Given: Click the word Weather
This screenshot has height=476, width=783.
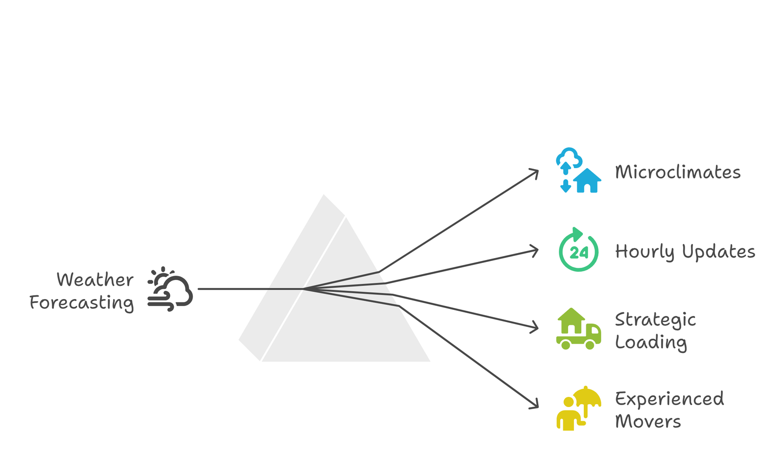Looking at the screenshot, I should tap(95, 280).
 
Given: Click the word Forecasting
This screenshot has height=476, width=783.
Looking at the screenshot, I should tap(81, 303).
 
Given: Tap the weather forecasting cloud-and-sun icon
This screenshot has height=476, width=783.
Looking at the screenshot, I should tap(170, 289).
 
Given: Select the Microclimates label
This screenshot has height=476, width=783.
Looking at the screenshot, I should tap(678, 172).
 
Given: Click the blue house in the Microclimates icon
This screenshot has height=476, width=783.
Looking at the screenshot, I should tap(587, 180).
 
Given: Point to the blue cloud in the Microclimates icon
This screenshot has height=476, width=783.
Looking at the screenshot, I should tap(569, 157).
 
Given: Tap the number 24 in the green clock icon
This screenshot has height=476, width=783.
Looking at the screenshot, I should tap(579, 253).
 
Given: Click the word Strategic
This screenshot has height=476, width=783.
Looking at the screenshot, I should tap(655, 320).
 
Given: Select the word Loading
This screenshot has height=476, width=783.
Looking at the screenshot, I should tap(651, 343).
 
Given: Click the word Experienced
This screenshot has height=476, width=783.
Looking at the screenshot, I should tap(669, 399).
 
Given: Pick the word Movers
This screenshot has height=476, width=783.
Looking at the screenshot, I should tap(648, 421).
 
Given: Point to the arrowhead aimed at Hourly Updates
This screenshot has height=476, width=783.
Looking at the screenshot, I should tap(535, 251).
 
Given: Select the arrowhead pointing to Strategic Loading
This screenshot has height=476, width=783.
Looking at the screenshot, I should tap(535, 328).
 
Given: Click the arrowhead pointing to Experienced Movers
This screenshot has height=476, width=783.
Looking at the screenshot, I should tap(535, 405).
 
